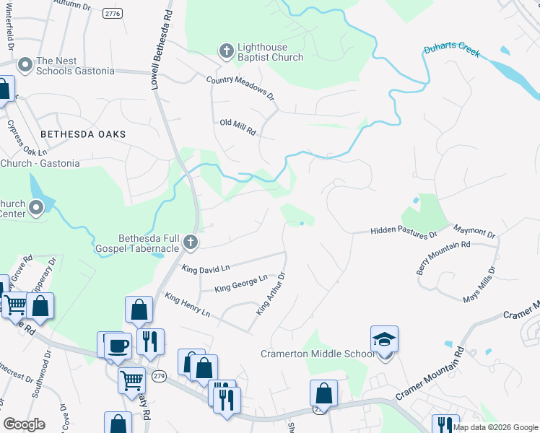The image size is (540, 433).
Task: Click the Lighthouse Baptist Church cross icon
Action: tap(225, 51)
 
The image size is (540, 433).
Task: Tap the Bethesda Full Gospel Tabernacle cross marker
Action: tap(191, 242)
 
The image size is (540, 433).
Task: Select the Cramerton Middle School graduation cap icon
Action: tap(384, 338)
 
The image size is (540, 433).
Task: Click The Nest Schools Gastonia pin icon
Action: tap(25, 65)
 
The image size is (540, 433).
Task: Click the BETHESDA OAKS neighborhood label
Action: tap(83, 134)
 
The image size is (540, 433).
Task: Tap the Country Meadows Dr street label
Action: tap(241, 87)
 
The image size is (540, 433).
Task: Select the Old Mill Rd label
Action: tap(238, 127)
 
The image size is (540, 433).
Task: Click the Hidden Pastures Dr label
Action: tap(404, 232)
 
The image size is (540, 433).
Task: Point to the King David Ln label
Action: tap(206, 268)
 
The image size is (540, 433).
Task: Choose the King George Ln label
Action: tap(241, 284)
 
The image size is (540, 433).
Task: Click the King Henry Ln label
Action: tap(187, 305)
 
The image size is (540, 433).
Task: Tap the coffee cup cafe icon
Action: tap(117, 345)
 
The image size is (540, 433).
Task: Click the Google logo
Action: tap(24, 424)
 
